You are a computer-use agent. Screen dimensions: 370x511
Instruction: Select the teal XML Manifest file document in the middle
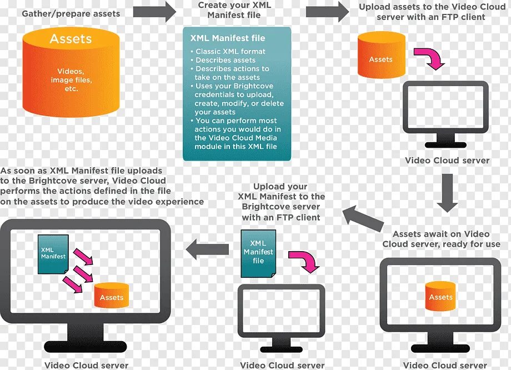tap(258, 253)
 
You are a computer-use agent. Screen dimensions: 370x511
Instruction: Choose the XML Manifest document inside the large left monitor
tap(53, 253)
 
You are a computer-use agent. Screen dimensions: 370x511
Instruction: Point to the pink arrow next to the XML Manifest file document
tap(304, 259)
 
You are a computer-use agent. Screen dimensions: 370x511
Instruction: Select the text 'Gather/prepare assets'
tap(71, 13)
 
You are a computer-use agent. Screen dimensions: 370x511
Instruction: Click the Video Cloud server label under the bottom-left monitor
tap(86, 366)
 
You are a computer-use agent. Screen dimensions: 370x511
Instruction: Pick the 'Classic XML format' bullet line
tap(231, 51)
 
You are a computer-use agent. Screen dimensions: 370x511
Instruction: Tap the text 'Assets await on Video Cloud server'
tap(442, 239)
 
